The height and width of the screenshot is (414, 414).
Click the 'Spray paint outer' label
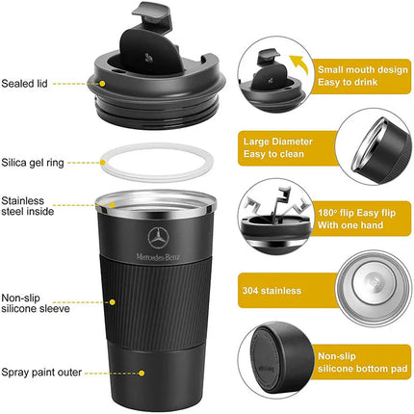pos(41,371)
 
